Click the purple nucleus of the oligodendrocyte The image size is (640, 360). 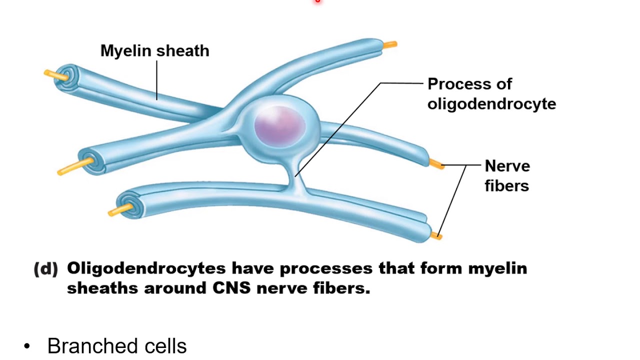tap(279, 124)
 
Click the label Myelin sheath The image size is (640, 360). tap(154, 51)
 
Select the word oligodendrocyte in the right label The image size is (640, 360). tap(491, 104)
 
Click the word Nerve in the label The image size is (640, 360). tap(507, 166)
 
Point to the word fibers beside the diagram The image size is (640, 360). tap(506, 186)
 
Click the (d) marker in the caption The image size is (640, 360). tap(46, 269)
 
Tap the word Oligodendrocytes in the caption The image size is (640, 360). tap(146, 269)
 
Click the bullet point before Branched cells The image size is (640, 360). tap(27, 346)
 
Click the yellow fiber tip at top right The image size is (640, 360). tap(390, 45)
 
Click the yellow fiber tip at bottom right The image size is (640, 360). tap(436, 235)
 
